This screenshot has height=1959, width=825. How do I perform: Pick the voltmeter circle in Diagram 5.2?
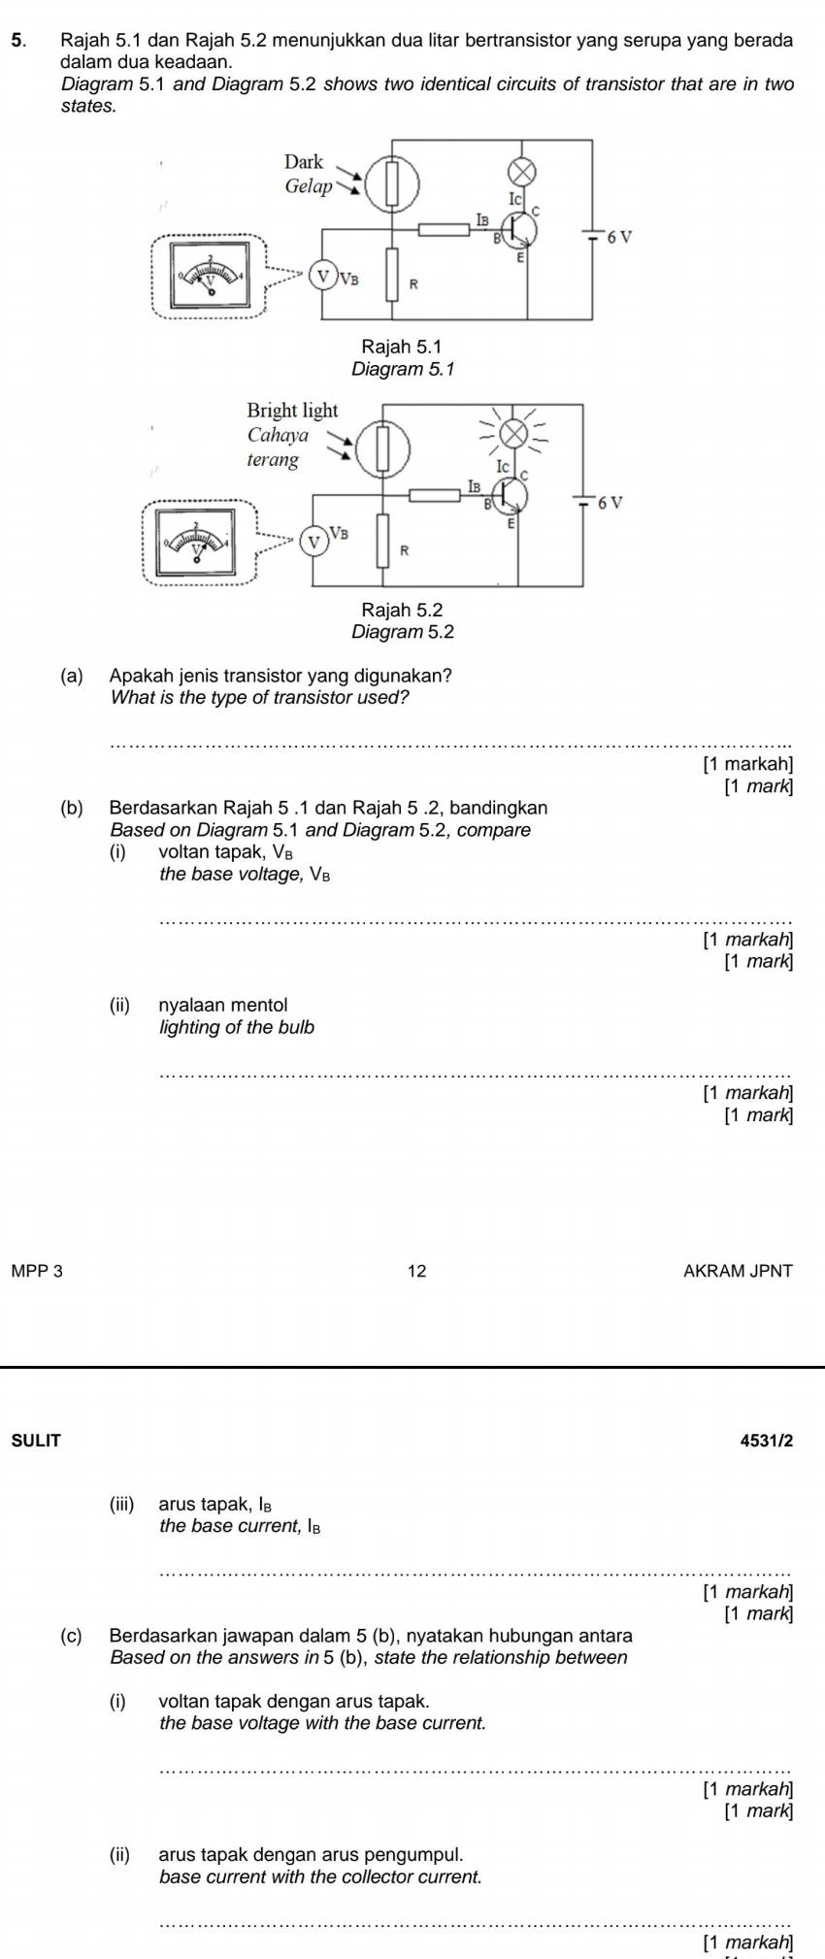pyautogui.click(x=313, y=541)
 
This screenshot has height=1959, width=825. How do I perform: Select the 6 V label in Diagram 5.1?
pyautogui.click(x=617, y=237)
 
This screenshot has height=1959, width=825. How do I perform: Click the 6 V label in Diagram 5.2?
pyautogui.click(x=609, y=503)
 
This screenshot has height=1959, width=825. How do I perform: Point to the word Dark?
pyautogui.click(x=304, y=162)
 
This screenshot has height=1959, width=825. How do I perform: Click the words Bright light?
pyautogui.click(x=292, y=411)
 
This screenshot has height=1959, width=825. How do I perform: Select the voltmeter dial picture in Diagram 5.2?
pyautogui.click(x=199, y=542)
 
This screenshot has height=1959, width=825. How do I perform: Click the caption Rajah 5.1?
pyautogui.click(x=402, y=347)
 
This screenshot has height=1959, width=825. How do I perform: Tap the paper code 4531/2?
pyautogui.click(x=766, y=1442)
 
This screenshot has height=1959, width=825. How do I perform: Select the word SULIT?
pyautogui.click(x=36, y=1442)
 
